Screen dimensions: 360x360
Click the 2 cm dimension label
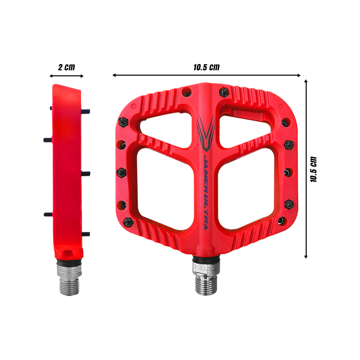coord(66,67)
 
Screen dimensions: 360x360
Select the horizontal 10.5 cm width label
coord(206,67)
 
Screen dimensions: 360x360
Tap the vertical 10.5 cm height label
coord(313,169)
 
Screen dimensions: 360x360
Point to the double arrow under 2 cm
coord(66,76)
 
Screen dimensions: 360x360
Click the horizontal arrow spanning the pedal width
coord(206,75)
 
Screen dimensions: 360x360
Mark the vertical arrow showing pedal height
coord(306,169)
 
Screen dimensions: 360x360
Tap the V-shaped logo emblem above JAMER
coord(206,133)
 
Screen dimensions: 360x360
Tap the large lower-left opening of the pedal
coord(165,188)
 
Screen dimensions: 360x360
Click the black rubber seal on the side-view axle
coord(69,263)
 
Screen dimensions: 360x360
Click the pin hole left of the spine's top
coord(187,92)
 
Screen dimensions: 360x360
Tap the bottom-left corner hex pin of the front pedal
coord(127,221)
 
